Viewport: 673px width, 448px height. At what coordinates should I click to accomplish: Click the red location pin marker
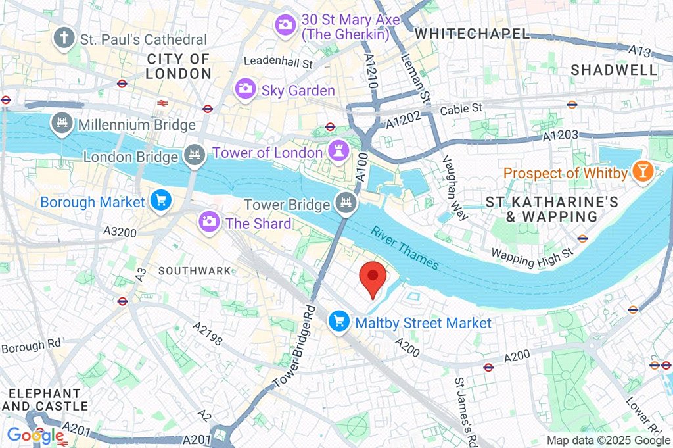point(373,278)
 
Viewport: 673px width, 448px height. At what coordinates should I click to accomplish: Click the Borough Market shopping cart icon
point(160,201)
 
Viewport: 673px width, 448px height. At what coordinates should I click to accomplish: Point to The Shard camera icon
point(210,222)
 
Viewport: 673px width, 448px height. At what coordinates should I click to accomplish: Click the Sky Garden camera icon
point(246,89)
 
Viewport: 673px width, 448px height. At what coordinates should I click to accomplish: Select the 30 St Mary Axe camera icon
point(285,26)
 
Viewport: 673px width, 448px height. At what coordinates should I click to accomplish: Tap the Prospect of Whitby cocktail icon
point(641,173)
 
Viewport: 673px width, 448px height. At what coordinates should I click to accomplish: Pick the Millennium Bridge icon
point(62,124)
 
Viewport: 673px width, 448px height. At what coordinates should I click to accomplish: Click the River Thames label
point(404,248)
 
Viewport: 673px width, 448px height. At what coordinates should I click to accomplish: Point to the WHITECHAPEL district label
point(473,33)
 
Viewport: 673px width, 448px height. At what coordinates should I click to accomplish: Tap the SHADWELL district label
point(613,70)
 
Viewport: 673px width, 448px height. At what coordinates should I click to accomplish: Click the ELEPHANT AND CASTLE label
point(44,399)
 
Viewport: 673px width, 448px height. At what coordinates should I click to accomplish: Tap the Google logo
point(35,436)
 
